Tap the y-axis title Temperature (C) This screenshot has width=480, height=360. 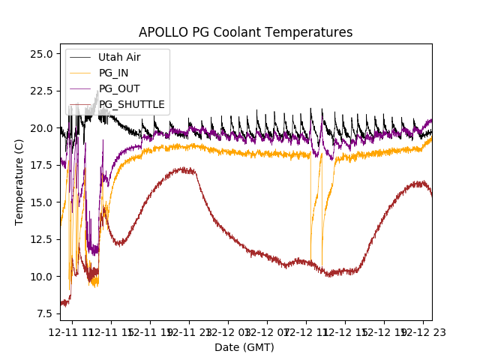(19, 182)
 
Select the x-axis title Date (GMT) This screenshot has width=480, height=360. (244, 347)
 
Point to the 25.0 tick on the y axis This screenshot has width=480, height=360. (40, 54)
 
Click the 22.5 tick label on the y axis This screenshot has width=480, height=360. (40, 91)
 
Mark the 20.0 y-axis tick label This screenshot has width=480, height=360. (40, 128)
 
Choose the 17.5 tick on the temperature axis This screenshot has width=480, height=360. (40, 165)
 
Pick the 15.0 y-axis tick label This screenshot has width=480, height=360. (40, 202)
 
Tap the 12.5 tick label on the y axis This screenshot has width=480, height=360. (40, 239)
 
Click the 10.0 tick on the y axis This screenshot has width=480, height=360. (40, 277)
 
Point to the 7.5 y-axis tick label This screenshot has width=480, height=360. (43, 313)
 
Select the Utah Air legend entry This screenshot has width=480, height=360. (119, 57)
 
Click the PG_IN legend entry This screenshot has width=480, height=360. (114, 73)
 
